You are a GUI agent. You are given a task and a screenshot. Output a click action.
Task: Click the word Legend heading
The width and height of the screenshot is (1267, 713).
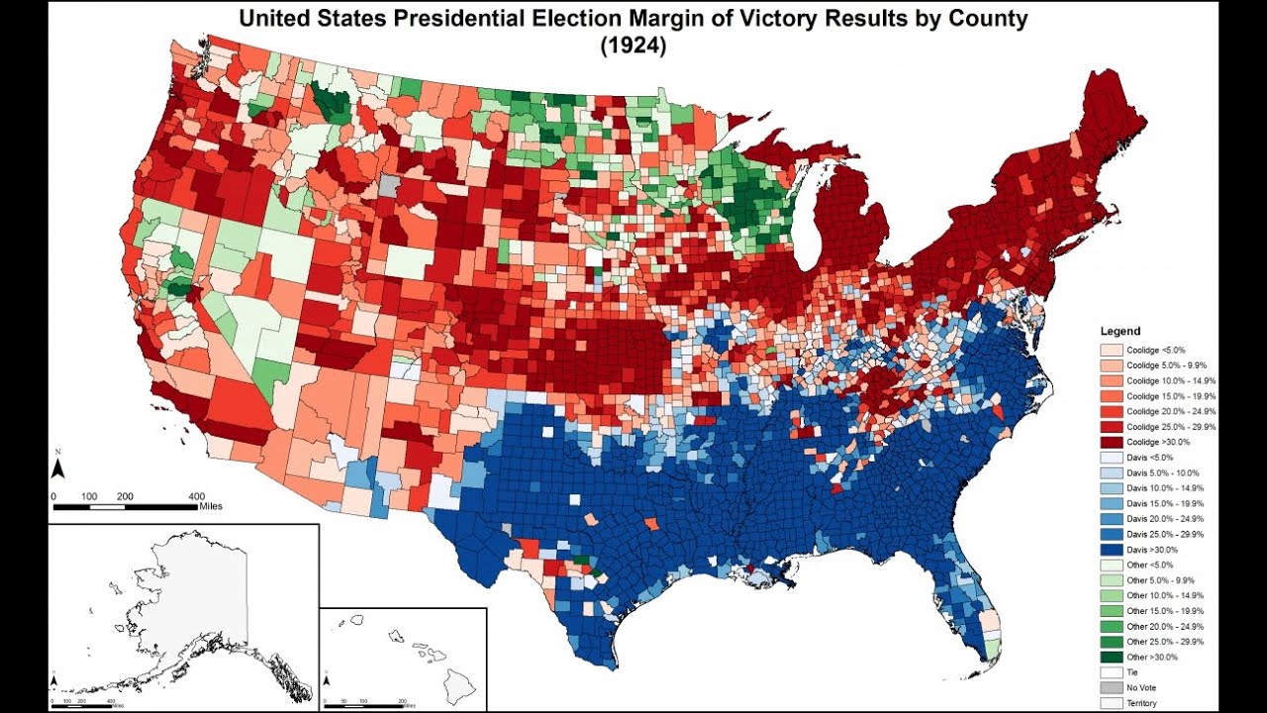point(1120,331)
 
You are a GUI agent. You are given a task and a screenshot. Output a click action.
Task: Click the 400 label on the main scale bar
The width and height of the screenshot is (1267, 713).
point(196,495)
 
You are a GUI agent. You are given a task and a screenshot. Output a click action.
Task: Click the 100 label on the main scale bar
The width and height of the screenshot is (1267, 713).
point(89,495)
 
